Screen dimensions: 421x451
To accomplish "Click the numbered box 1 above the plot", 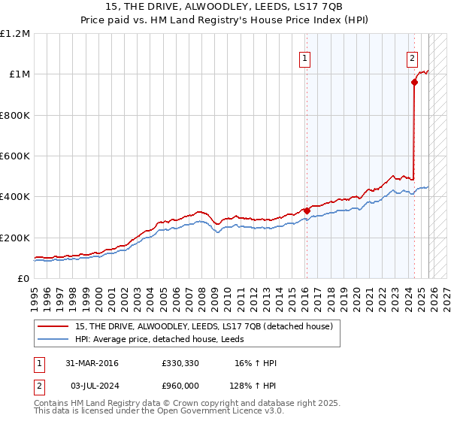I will (305, 59).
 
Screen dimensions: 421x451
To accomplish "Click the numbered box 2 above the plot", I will (413, 59).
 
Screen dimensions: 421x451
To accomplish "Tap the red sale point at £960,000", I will (414, 83).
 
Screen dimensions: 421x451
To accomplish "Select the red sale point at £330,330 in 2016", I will (307, 211).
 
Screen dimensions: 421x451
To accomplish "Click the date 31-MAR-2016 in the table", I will (92, 363).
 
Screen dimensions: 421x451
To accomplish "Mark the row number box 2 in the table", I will (38, 385).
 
